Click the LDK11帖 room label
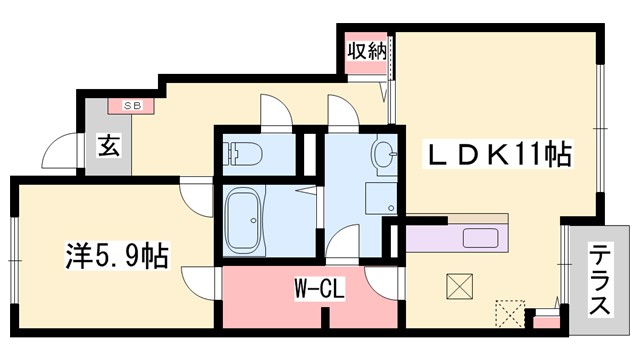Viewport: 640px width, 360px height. point(499,155)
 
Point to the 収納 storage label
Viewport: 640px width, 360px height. point(366,49)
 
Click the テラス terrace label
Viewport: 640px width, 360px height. point(600,281)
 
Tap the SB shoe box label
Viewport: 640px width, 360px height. point(133,104)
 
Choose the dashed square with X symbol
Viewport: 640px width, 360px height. point(510,313)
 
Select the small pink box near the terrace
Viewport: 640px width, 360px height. point(546,320)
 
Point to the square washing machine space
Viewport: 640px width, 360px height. point(380,198)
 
